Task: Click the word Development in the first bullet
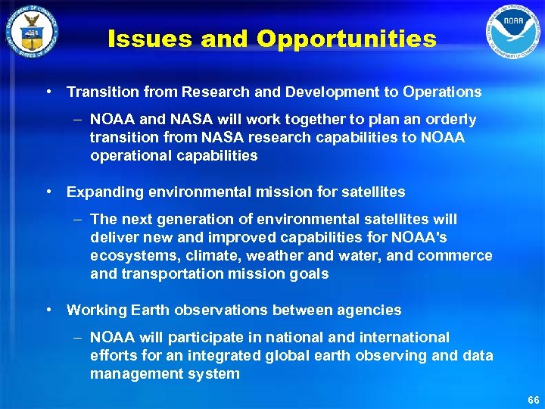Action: pos(328,92)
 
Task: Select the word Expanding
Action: pos(101,192)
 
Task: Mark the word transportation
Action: pos(171,274)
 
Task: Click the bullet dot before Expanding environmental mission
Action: pos(48,192)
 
